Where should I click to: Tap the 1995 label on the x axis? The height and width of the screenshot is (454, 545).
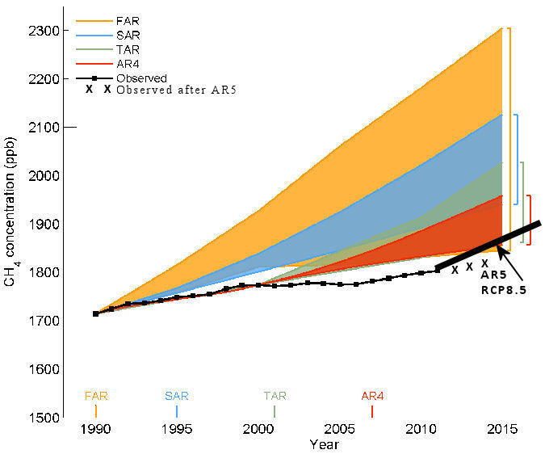tap(177, 428)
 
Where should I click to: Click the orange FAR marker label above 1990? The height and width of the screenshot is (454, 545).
tap(96, 396)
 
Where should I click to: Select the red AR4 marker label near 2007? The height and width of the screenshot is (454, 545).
tap(372, 396)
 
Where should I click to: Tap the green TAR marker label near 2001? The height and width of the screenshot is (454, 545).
tap(275, 396)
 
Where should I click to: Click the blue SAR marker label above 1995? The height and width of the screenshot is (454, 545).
tap(177, 396)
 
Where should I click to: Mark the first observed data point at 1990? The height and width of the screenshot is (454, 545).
tap(95, 313)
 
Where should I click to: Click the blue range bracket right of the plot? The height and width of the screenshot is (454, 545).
tap(517, 159)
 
